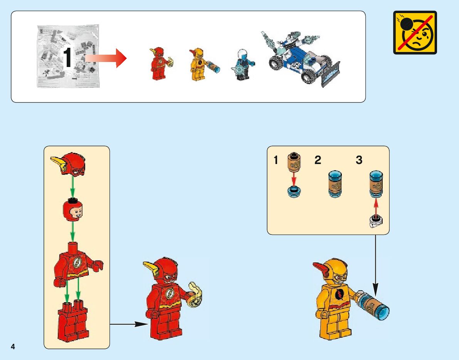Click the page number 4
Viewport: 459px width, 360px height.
tap(13, 347)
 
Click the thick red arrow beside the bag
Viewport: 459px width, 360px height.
tap(106, 58)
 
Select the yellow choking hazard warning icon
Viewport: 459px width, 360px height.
tap(415, 32)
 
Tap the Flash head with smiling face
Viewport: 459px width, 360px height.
tap(72, 210)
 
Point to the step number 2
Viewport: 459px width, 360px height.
tap(318, 160)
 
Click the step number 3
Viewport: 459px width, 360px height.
tap(359, 160)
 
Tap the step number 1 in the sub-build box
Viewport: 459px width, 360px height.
tap(276, 160)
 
